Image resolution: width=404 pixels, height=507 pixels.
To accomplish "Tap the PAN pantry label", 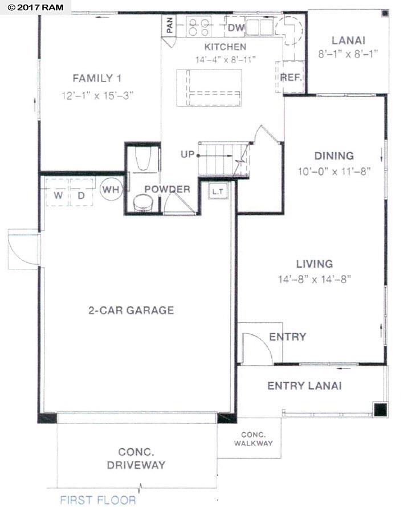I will [x=169, y=25].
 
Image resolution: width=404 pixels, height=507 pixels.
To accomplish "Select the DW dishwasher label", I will [x=236, y=27].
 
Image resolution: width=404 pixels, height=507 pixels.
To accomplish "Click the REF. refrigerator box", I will [x=291, y=77].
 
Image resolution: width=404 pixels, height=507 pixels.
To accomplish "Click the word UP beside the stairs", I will [x=187, y=154].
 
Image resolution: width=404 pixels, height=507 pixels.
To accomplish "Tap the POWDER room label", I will [x=167, y=189].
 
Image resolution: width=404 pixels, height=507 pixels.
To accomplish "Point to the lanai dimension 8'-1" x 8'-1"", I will [x=348, y=55].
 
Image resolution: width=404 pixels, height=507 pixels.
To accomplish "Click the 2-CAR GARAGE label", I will [x=130, y=310].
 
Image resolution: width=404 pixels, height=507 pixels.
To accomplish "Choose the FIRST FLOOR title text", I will [x=98, y=500].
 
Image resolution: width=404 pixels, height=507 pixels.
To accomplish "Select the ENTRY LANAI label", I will [x=304, y=386].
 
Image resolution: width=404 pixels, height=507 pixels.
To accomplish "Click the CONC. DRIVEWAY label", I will [x=136, y=459].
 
